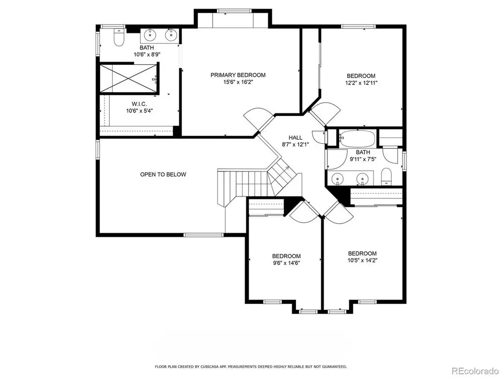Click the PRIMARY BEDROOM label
click(x=238, y=75)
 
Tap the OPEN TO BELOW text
click(x=163, y=174)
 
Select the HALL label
click(x=295, y=137)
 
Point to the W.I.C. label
click(x=139, y=104)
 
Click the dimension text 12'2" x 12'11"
click(x=361, y=83)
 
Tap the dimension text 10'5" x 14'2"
click(x=362, y=260)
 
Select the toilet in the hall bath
click(x=386, y=176)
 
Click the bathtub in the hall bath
click(x=357, y=138)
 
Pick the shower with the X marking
click(x=129, y=79)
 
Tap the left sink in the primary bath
click(x=150, y=35)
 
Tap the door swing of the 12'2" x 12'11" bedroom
click(x=325, y=113)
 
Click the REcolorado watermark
click(x=475, y=371)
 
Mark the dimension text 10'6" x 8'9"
click(x=147, y=55)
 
